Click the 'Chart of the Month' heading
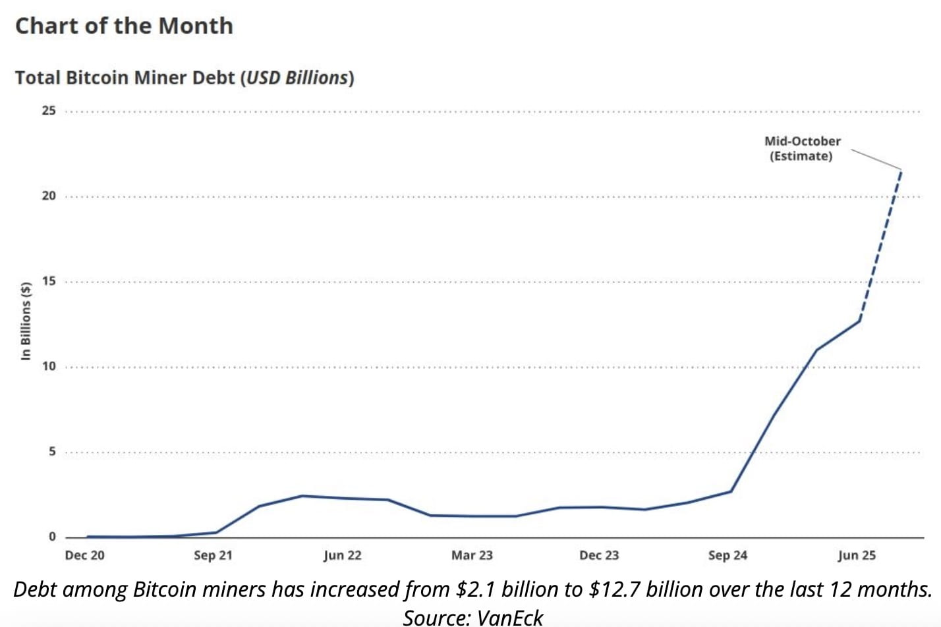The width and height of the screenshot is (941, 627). click(124, 26)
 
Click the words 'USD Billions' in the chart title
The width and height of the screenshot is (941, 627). click(297, 78)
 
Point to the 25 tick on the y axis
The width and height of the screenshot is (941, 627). click(49, 111)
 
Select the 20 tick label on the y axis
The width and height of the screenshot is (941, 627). click(49, 196)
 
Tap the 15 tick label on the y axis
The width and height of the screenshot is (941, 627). click(49, 281)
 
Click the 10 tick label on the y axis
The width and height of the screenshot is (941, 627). click(49, 367)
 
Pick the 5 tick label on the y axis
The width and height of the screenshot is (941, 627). click(52, 452)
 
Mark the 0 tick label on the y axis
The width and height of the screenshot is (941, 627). click(52, 537)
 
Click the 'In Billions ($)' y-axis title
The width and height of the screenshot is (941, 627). click(26, 321)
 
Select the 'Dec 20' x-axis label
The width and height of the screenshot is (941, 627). click(84, 555)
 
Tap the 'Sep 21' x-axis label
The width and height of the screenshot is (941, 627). click(213, 555)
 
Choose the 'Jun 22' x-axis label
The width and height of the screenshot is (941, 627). click(342, 555)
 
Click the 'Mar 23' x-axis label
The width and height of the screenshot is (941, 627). click(472, 555)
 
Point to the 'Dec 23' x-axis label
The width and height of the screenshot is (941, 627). click(599, 555)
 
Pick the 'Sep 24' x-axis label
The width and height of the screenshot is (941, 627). click(727, 555)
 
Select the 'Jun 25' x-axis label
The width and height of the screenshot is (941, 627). click(857, 555)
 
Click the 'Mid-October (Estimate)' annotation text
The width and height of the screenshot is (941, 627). click(802, 149)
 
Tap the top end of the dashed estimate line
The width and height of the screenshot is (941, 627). click(901, 171)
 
